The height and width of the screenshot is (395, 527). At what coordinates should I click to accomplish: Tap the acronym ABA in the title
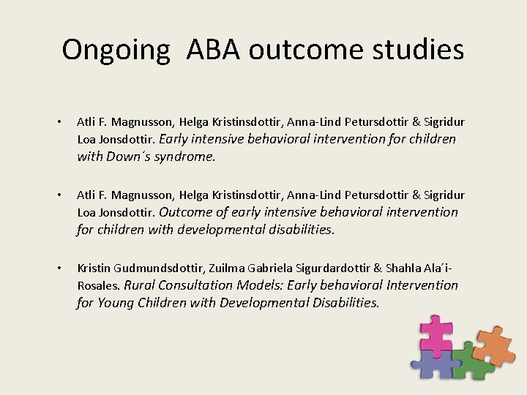click(x=214, y=50)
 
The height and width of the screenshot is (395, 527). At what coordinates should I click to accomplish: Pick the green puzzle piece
click(x=466, y=361)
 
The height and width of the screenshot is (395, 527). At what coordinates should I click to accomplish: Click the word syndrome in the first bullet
click(x=186, y=157)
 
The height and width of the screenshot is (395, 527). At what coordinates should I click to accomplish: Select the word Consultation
click(x=199, y=285)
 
